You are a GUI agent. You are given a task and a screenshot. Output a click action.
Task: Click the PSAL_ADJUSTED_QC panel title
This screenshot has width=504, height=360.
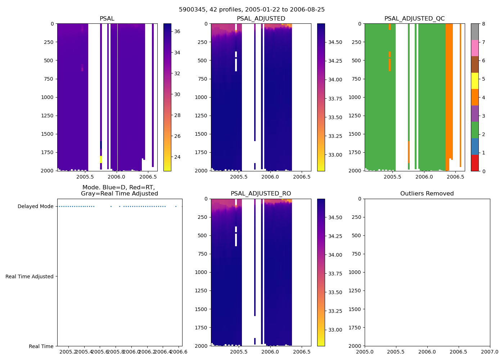point(414,19)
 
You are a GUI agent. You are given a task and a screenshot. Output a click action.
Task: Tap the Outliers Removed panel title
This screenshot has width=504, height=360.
point(427,194)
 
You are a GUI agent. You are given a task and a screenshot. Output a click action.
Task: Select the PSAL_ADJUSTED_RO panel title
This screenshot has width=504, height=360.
point(261,194)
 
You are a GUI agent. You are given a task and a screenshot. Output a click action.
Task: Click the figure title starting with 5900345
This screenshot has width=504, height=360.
point(252,10)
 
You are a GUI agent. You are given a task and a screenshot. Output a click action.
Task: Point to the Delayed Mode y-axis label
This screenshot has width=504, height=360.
point(35,206)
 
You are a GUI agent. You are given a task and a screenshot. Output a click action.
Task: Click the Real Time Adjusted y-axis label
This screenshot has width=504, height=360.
point(30,276)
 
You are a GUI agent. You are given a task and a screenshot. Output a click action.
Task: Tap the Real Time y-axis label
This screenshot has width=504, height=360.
point(41,346)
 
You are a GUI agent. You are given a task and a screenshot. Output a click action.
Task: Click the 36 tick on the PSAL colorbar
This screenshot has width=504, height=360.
point(177,31)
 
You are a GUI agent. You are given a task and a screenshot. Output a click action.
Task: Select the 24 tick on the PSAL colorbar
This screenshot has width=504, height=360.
point(177,157)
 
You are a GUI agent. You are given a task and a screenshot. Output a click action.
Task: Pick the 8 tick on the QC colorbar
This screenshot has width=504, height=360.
point(483,24)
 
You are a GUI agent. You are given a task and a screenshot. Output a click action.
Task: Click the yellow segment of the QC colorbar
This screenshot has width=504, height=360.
point(475,81)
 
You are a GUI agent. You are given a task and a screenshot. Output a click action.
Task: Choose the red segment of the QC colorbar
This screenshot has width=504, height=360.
point(475,163)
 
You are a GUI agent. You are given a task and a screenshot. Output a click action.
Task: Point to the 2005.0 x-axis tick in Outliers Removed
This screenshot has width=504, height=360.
point(365,352)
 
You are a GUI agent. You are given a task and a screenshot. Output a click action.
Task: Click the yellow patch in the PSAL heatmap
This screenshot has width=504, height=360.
point(101,159)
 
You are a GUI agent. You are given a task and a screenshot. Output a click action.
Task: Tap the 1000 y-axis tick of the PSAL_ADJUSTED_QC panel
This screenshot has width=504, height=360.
point(355,97)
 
